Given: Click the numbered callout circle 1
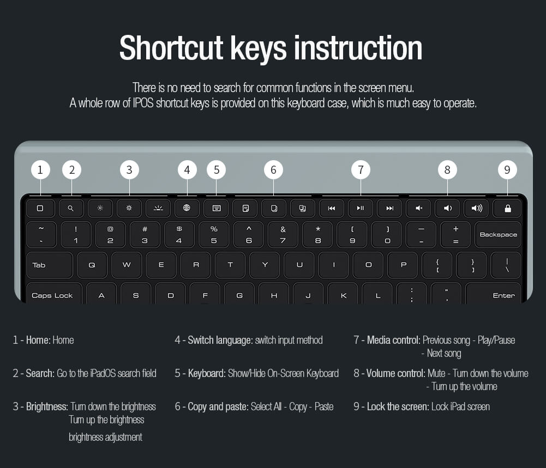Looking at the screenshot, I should coord(40,170).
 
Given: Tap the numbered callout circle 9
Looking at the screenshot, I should coord(507,170).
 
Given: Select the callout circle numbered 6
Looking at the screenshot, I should coord(273,170).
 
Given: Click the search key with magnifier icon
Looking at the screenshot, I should coord(71,208).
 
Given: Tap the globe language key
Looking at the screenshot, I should coord(187,208).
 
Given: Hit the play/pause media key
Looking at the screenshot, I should coord(361,208).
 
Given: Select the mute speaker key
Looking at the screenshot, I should coord(418,208).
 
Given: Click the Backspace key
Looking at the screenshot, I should coord(498,235).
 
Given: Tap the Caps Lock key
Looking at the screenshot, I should coord(52,295).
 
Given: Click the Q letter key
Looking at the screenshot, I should coord(92,265).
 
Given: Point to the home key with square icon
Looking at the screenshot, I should coord(40,208).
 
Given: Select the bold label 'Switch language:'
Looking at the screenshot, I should coord(220,341).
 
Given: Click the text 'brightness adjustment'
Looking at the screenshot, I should coord(105,437).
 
